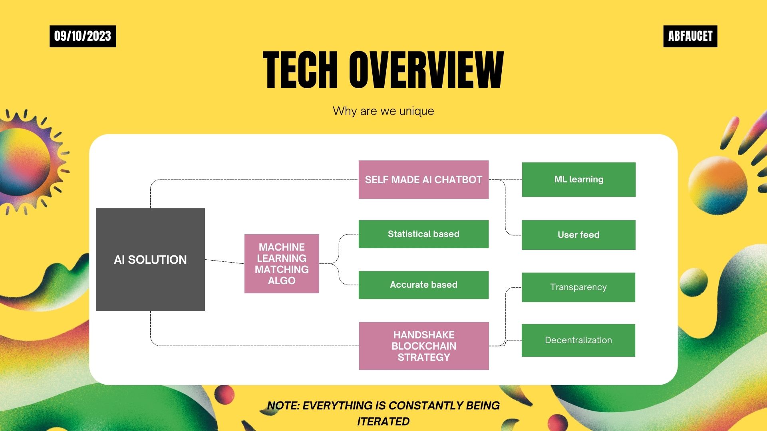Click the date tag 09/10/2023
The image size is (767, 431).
click(83, 36)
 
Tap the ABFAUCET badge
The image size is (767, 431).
click(690, 36)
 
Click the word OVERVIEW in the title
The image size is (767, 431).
click(426, 70)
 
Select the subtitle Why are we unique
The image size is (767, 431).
click(383, 111)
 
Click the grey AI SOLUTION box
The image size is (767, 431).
click(150, 259)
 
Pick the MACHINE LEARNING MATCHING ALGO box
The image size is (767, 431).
click(282, 264)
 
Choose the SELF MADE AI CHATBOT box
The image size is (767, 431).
click(423, 180)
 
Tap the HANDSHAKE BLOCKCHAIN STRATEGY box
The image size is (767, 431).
click(424, 346)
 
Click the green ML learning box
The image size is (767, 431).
click(578, 180)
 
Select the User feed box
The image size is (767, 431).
click(578, 235)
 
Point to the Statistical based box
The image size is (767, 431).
click(423, 234)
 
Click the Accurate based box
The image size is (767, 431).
click(423, 285)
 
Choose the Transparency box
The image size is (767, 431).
click(578, 287)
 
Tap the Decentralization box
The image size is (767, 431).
click(578, 340)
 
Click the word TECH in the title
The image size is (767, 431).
click(300, 70)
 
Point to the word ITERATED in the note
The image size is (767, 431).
click(383, 421)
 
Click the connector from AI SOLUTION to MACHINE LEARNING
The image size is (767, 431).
click(225, 261)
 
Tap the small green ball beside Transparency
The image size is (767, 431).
click(693, 282)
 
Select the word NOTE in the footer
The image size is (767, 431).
click(283, 405)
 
